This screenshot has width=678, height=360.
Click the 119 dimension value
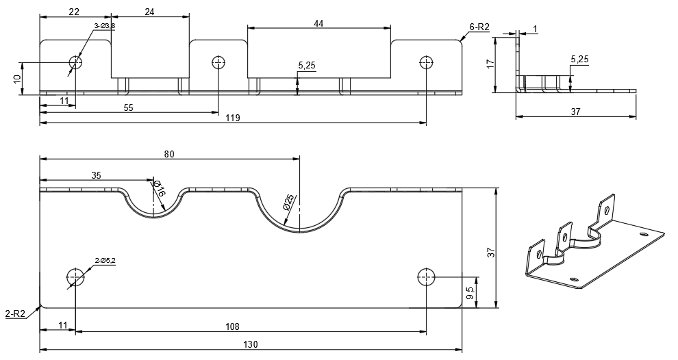tap(232, 118)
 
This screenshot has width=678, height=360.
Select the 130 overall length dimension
tap(251, 344)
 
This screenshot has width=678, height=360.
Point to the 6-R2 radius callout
tap(479, 27)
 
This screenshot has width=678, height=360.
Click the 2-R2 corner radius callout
tap(15, 313)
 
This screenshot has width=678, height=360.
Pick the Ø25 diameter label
tap(290, 203)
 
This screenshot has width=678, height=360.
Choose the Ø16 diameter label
tap(158, 189)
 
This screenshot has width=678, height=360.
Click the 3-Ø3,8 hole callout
tap(104, 26)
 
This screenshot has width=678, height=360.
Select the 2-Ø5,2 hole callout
tap(105, 260)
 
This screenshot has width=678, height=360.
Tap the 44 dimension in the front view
tap(318, 23)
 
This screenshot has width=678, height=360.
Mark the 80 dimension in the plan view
tap(169, 153)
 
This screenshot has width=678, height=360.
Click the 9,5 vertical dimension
tap(470, 294)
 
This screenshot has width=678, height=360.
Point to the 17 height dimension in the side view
tap(490, 64)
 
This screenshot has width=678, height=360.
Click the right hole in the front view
tap(426, 63)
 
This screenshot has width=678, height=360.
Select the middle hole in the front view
tap(218, 63)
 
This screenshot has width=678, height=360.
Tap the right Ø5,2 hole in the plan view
tap(426, 277)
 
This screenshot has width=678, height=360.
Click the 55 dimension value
tap(128, 107)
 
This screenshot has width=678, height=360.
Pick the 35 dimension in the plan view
tap(96, 175)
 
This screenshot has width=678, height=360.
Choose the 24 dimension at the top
tap(149, 11)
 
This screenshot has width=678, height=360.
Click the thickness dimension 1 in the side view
tap(535, 28)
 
